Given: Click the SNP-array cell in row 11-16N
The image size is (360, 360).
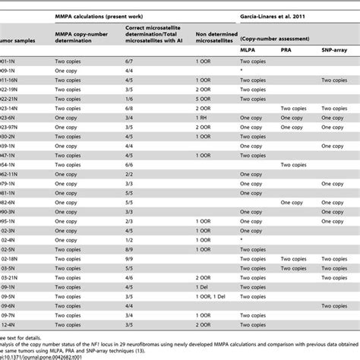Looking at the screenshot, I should click(x=337, y=82).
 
